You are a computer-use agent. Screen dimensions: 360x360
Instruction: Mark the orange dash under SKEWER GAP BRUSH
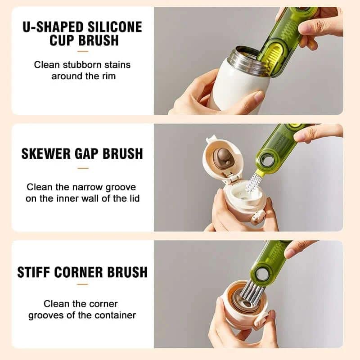[82, 168]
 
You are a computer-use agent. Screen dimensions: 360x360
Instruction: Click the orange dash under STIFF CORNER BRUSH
[82, 284]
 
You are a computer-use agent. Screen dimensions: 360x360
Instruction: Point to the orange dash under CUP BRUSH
[82, 52]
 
